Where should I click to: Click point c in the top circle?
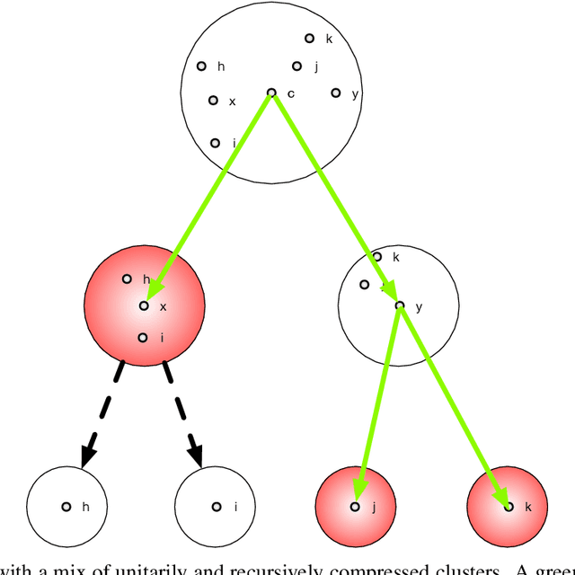(271, 93)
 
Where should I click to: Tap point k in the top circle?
(309, 39)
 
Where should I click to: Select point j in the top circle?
(296, 66)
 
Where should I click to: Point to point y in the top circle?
(335, 93)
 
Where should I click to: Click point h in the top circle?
(202, 66)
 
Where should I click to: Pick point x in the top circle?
(213, 101)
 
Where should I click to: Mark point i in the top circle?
(215, 143)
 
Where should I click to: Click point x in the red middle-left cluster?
(143, 306)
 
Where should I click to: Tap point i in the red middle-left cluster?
(142, 338)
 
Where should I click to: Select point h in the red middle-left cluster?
(127, 279)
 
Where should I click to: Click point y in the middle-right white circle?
(400, 306)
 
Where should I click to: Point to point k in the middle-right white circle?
(376, 257)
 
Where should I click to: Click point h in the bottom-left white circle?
(66, 507)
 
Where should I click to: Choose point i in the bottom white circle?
(216, 507)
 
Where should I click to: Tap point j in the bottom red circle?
(355, 507)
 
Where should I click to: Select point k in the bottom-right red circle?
(509, 507)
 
